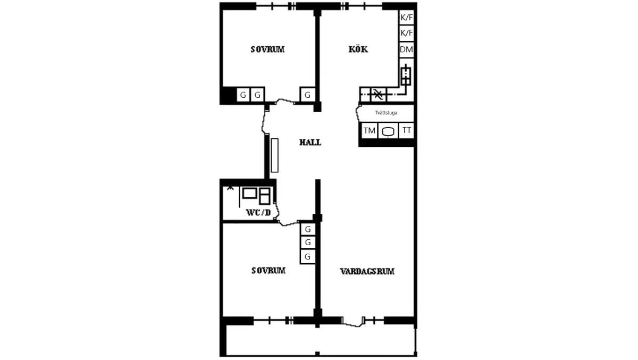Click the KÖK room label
(358, 49)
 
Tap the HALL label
(310, 142)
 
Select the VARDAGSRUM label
(367, 271)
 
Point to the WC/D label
(258, 212)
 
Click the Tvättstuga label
(386, 113)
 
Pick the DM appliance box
(406, 49)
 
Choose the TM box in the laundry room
(370, 131)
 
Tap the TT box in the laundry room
(406, 130)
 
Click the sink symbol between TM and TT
(388, 131)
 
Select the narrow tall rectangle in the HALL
(274, 155)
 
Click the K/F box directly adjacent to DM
(406, 33)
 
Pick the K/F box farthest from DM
(406, 18)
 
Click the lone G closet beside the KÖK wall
(308, 95)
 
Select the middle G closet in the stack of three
(308, 242)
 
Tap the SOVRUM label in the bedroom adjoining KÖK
(267, 49)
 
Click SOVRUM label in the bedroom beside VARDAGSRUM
(268, 270)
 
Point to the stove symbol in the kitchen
(406, 75)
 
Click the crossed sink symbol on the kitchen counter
(378, 94)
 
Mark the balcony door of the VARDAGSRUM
(353, 322)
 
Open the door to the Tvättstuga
(358, 113)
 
